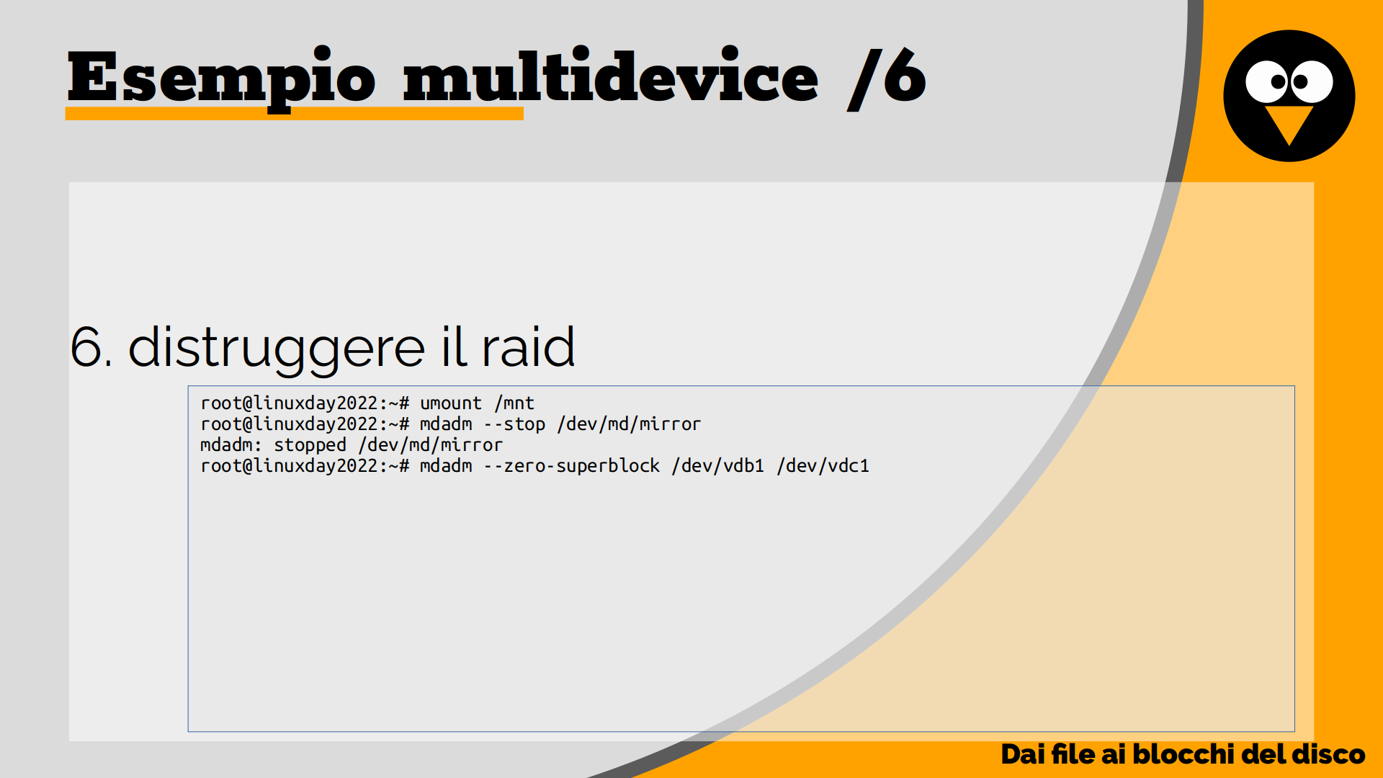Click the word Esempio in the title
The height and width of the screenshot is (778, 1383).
pos(221,79)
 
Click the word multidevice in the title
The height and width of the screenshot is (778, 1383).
pos(610,75)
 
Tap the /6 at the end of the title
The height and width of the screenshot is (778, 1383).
pos(886,78)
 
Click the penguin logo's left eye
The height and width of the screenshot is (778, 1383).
pos(1268,81)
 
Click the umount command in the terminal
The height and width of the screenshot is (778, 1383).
pos(451,403)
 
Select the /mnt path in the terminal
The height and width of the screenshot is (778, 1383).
pos(514,403)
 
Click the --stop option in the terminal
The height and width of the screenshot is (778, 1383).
pos(514,424)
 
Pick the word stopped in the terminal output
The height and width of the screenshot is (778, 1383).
pos(310,445)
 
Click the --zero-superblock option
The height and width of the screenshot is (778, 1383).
pos(572,466)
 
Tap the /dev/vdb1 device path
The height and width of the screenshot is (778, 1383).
pos(717,466)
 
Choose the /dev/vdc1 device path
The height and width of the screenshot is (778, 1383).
pos(823,466)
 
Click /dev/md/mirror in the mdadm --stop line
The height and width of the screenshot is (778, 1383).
pos(629,424)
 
